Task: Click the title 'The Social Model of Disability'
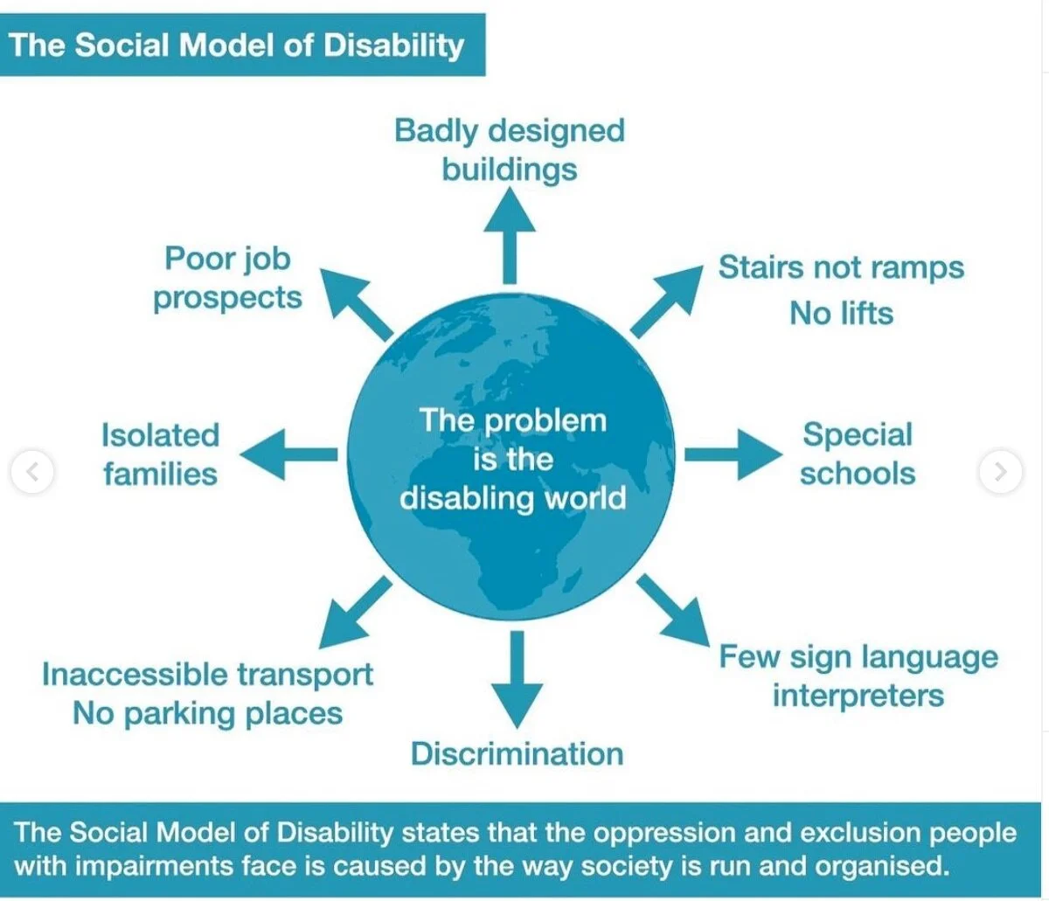237,45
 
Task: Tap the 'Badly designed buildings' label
510,149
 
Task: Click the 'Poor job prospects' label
227,278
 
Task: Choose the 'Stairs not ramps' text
840,267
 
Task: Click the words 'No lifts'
841,313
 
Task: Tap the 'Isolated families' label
160,454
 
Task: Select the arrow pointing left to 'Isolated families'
288,454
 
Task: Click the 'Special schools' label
858,454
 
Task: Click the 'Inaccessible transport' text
208,675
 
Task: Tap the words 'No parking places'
208,713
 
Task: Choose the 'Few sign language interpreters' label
858,676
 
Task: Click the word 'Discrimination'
518,753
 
